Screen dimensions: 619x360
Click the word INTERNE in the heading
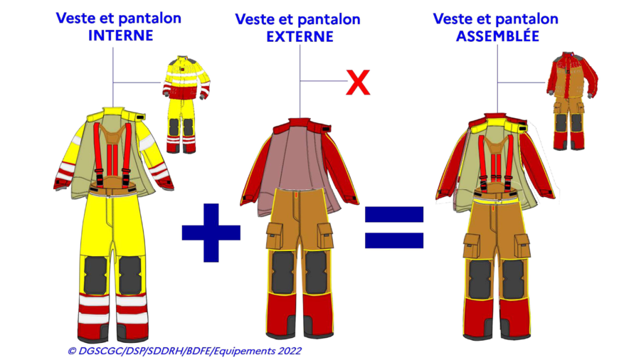(120, 36)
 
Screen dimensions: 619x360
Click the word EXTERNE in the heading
(300, 37)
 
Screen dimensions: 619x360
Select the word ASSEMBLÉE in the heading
(497, 36)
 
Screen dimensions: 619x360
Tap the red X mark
(358, 83)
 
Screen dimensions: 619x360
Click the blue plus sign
(211, 233)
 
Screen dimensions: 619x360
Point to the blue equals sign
(394, 228)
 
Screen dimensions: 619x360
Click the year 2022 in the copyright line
(290, 351)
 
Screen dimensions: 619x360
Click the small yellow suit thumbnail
(185, 105)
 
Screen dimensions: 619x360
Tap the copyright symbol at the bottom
(71, 351)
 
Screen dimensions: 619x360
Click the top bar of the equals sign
(394, 214)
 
